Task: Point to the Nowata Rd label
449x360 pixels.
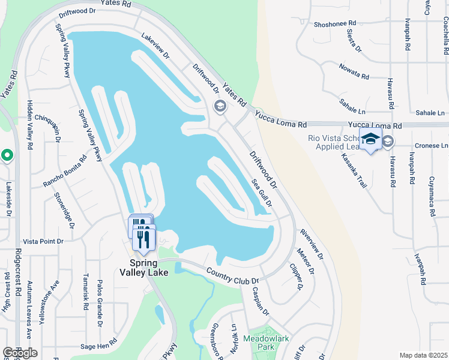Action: [x=353, y=71]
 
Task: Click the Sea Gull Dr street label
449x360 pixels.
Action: [x=262, y=193]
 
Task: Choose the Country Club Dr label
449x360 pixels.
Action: [x=232, y=277]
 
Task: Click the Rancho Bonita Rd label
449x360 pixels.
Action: [x=65, y=170]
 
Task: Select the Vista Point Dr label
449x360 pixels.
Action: [x=43, y=241]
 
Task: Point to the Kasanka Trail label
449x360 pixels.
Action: [x=354, y=170]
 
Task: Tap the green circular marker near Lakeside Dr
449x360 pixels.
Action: [x=7, y=156]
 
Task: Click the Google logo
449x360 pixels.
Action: [x=20, y=353]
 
